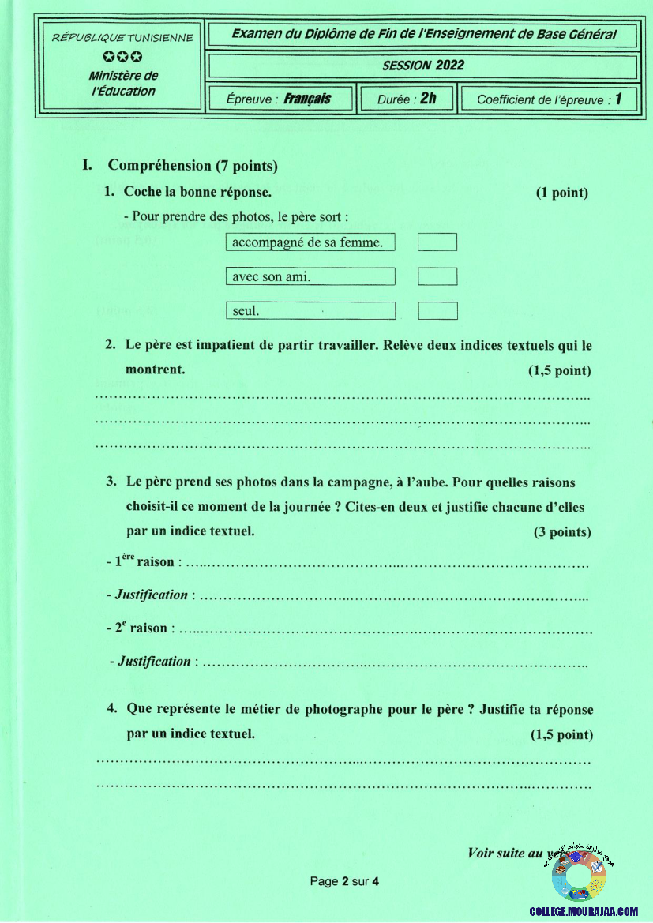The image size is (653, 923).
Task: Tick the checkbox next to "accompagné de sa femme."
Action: click(x=437, y=242)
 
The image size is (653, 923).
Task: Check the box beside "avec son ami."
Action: click(x=437, y=276)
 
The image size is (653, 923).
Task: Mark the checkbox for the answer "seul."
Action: click(x=437, y=311)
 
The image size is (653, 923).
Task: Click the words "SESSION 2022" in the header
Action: click(x=423, y=66)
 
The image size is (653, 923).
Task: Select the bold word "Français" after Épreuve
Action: click(x=307, y=99)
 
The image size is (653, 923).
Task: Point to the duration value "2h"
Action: click(x=428, y=99)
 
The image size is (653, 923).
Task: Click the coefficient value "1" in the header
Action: click(x=618, y=99)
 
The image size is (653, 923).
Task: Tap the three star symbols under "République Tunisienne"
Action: click(x=122, y=58)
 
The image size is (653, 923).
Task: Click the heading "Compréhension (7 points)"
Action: click(x=193, y=166)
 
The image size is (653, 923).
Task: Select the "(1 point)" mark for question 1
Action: click(x=561, y=193)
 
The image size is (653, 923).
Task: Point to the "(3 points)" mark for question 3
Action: click(x=562, y=532)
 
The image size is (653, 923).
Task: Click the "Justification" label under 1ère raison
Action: click(x=151, y=595)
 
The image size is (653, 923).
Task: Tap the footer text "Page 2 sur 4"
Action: click(x=344, y=881)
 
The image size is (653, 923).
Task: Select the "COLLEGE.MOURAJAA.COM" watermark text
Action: click(x=584, y=911)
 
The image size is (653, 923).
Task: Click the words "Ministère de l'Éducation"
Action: click(x=122, y=84)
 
